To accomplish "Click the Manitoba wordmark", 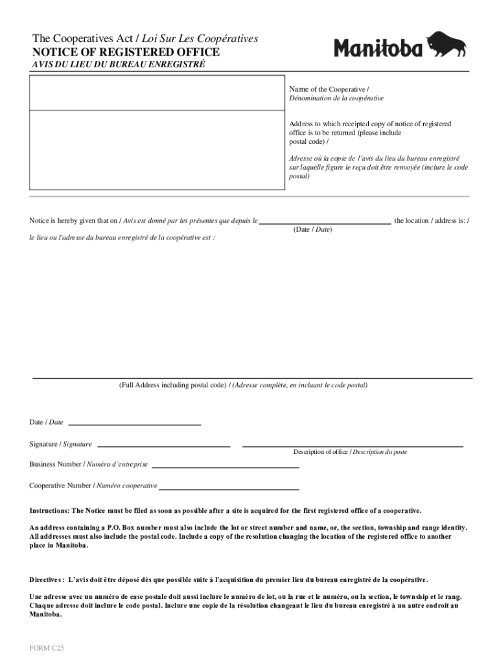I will [378, 47].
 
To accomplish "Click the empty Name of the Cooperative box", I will [157, 93].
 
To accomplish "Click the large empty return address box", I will [157, 150].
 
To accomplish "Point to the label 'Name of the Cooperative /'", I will [329, 89].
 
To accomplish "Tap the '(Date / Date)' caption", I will [312, 230].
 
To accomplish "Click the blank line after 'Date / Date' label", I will [134, 424].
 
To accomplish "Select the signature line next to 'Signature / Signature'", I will [163, 446].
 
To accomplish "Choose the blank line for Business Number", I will [225, 466].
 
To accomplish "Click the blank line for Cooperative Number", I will [229, 489].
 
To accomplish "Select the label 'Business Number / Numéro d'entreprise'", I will [89, 464].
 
